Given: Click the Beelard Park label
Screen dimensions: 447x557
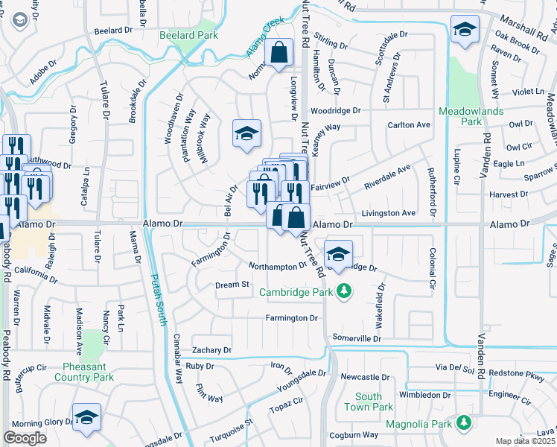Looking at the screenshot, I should (189, 35).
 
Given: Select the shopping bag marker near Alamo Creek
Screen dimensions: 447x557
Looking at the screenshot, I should (279, 54).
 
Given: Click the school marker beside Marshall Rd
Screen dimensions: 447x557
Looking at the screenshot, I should (465, 31).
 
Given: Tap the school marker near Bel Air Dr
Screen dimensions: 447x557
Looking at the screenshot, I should (247, 134).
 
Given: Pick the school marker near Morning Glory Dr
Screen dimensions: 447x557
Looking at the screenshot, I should (86, 417).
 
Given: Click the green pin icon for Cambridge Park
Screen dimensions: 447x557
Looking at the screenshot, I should (343, 290).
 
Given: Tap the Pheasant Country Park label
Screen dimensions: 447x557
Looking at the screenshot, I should (88, 372).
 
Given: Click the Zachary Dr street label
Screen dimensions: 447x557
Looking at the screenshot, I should (211, 349).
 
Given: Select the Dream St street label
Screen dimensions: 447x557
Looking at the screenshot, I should (232, 285).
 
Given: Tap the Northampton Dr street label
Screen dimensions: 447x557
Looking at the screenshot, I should (277, 266).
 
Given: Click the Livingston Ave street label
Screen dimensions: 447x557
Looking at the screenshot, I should (388, 213).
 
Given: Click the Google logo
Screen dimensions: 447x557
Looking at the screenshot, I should (25, 438).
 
